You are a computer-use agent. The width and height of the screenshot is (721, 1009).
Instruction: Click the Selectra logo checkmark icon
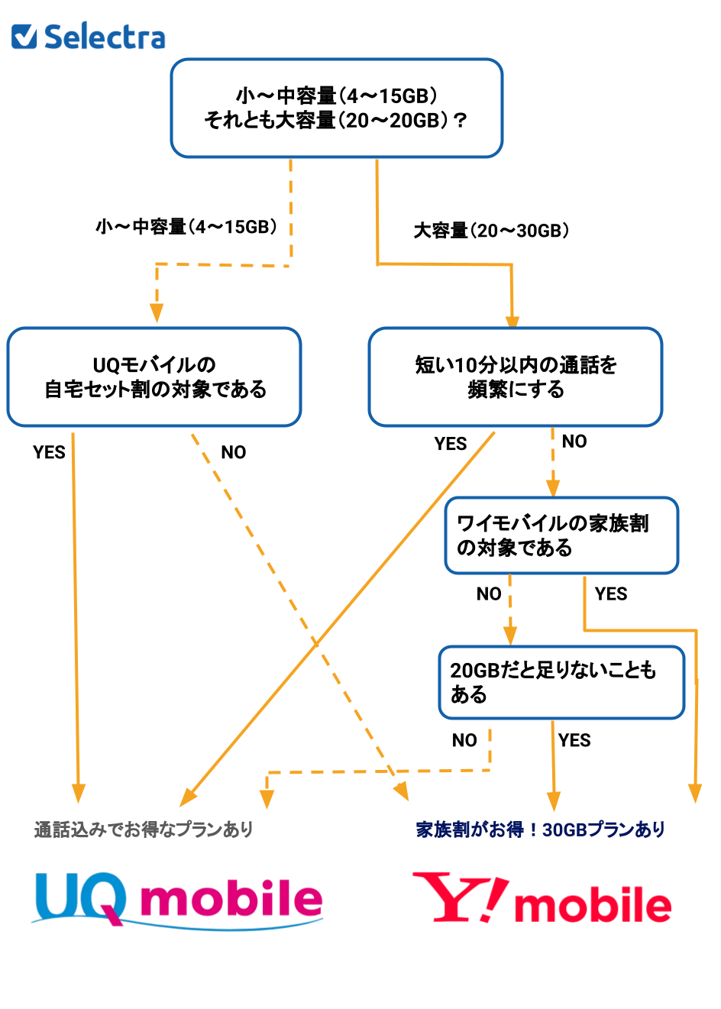(x=24, y=36)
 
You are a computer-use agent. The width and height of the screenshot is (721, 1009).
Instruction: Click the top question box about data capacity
(x=336, y=108)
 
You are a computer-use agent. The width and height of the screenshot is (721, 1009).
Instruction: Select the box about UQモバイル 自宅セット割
(x=154, y=377)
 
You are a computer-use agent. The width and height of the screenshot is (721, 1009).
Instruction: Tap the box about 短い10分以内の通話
(x=516, y=377)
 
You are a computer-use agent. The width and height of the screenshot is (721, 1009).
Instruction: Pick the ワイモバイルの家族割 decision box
(x=561, y=535)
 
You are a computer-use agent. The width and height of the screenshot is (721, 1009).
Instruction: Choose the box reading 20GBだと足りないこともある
(x=561, y=683)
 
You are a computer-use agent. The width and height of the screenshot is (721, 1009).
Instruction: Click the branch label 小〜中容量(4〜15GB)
(x=186, y=227)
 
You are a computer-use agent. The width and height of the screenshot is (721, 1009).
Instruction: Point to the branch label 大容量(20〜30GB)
(x=491, y=231)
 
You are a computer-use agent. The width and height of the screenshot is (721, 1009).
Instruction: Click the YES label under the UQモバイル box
(x=49, y=452)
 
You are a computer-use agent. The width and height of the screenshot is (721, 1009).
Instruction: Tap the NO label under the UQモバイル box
(x=234, y=452)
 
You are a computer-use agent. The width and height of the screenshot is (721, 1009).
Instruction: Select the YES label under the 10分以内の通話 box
(x=451, y=444)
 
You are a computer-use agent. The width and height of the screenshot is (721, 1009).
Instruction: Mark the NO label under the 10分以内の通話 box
(x=574, y=441)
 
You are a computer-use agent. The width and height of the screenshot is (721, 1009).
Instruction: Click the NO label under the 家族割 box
(x=489, y=594)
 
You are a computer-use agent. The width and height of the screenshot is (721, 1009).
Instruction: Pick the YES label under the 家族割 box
(x=611, y=594)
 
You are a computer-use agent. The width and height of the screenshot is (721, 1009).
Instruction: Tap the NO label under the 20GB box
(x=464, y=740)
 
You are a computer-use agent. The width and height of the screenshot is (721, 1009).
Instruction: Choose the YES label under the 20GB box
(x=574, y=740)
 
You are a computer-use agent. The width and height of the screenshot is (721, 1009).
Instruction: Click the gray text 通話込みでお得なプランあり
(x=144, y=830)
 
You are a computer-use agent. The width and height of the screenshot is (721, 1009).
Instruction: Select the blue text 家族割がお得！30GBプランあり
(x=541, y=830)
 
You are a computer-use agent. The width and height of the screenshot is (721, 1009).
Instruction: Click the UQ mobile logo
(x=178, y=900)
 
